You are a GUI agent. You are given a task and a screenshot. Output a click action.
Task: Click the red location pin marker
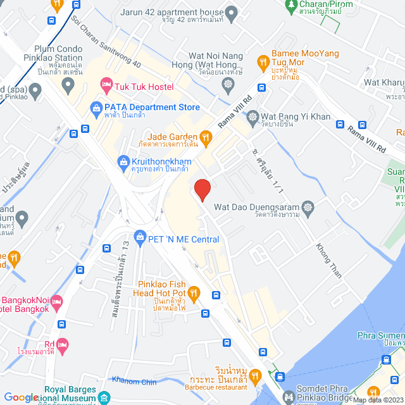click(x=202, y=189)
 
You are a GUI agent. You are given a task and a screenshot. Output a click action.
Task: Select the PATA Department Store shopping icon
click(x=96, y=108)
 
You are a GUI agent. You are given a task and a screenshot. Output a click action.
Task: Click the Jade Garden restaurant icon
click(x=205, y=137)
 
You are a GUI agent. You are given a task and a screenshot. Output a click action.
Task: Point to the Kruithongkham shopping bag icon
click(x=123, y=163)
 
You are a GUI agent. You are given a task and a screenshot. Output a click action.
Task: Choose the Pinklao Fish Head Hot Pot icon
click(x=194, y=292)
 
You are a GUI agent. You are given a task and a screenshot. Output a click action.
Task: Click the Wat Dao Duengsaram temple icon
click(x=308, y=207)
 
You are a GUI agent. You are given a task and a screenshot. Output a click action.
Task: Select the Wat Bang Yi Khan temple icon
click(x=253, y=117)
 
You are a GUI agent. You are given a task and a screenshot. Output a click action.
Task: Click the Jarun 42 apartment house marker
click(x=232, y=13)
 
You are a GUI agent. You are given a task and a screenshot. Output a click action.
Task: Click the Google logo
click(x=21, y=397)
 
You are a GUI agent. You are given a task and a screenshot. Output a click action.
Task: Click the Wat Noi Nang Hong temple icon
click(x=227, y=84)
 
